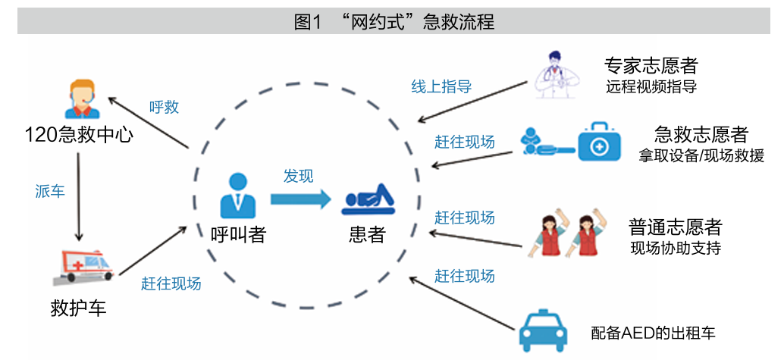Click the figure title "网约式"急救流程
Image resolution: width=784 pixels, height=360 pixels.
394,22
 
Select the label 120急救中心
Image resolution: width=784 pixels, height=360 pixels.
79,134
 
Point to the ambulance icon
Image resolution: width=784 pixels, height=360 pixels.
84,268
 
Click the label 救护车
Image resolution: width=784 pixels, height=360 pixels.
79,308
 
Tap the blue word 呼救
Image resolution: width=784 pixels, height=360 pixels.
164,107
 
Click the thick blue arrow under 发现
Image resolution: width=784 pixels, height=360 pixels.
301,200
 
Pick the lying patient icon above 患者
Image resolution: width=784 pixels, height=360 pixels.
368,200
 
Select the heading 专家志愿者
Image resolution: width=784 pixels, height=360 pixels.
651,66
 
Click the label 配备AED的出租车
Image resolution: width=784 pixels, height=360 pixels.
653,333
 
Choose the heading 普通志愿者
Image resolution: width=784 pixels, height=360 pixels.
675,228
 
